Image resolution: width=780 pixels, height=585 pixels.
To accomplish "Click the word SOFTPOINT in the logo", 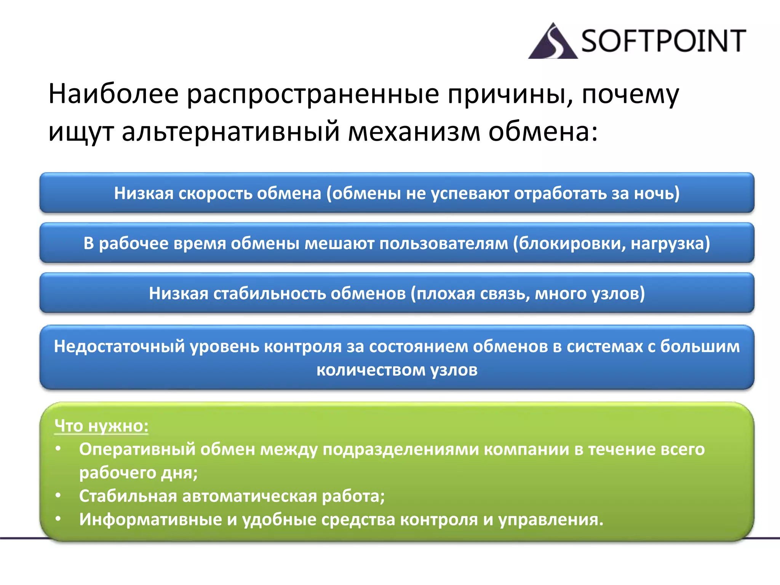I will click(663, 41).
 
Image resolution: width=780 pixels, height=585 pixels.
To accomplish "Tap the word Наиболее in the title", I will click(113, 94).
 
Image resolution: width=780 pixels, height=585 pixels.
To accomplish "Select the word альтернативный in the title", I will click(231, 131).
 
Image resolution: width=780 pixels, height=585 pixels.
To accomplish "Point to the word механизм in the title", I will click(415, 131).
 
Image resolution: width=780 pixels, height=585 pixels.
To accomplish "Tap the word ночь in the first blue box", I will click(654, 193).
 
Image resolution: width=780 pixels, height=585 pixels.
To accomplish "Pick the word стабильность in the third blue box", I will click(269, 294).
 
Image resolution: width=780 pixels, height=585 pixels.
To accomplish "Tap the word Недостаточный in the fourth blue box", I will click(119, 347).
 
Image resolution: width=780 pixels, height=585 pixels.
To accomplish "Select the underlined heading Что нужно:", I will click(101, 426).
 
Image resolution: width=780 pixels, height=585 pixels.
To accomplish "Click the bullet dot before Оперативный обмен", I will click(58, 449).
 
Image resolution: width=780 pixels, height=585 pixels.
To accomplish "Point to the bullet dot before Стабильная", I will click(58, 495).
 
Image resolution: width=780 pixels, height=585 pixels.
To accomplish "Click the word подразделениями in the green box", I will click(401, 449).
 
